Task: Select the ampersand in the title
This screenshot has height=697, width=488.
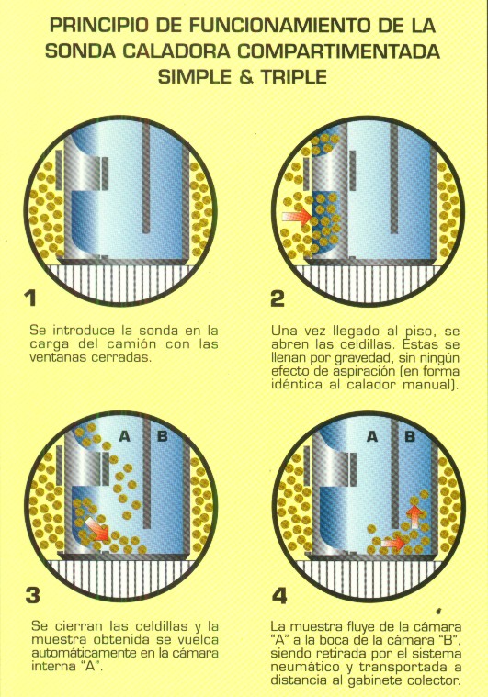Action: (x=245, y=77)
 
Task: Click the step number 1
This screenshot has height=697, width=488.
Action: (x=30, y=298)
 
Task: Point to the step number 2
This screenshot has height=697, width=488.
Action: (x=278, y=298)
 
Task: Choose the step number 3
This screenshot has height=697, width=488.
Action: (x=32, y=595)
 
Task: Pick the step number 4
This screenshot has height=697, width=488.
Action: (x=278, y=596)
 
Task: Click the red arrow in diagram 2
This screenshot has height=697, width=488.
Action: (x=297, y=217)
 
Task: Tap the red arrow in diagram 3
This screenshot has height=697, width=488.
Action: (x=97, y=529)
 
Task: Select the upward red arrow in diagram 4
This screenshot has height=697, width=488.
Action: (x=415, y=516)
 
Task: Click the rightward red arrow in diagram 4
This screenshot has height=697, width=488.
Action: (x=393, y=543)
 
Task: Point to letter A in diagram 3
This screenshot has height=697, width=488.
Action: (x=125, y=436)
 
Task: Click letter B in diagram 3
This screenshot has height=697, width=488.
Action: (x=163, y=436)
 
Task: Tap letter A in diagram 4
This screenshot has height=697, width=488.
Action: (x=372, y=437)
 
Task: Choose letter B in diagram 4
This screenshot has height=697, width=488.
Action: (x=410, y=436)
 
